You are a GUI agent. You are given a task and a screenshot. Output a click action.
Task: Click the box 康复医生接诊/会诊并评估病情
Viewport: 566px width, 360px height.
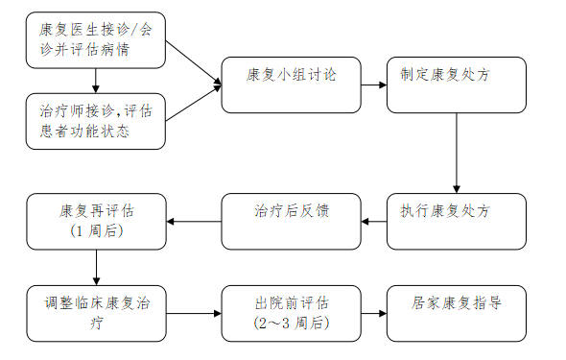pyautogui.click(x=95, y=40)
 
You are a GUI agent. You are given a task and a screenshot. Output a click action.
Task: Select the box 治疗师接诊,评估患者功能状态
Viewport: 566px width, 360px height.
pyautogui.click(x=95, y=120)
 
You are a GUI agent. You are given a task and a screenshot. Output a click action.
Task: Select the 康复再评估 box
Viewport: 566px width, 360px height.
pyautogui.click(x=95, y=222)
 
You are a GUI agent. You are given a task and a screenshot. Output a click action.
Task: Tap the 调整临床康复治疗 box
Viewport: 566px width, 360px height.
pyautogui.click(x=95, y=313)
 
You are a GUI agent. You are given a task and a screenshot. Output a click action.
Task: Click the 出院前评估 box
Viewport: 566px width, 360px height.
pyautogui.click(x=291, y=313)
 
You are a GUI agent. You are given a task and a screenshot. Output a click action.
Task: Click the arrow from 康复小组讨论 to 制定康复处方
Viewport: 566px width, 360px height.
pyautogui.click(x=373, y=84)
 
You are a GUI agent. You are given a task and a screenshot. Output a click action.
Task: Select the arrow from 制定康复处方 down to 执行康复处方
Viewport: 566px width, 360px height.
pyautogui.click(x=457, y=154)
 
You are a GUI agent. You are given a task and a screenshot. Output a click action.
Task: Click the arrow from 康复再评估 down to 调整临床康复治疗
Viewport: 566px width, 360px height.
pyautogui.click(x=96, y=268)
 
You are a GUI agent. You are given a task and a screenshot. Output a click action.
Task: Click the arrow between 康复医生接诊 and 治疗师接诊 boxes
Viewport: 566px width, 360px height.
pyautogui.click(x=96, y=81)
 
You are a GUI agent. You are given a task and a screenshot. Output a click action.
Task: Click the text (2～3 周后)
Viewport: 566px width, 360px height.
pyautogui.click(x=292, y=324)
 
